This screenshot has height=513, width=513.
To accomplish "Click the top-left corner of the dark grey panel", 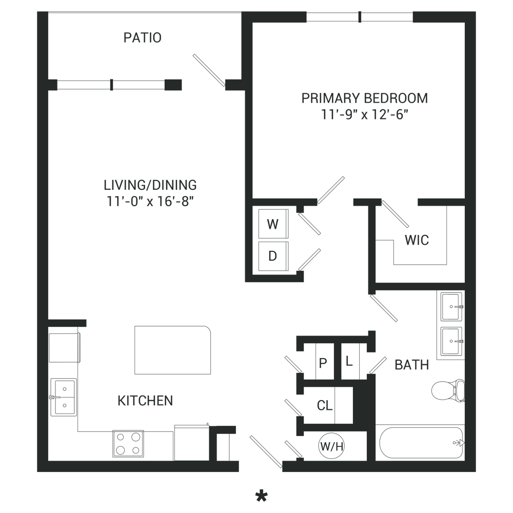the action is (37, 12).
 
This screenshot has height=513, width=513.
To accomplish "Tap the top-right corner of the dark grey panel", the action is (475, 12).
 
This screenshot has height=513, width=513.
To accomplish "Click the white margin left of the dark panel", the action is (18, 256).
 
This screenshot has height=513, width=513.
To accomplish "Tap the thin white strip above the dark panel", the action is (256, 6).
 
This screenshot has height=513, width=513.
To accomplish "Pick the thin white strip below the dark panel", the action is (256, 507).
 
